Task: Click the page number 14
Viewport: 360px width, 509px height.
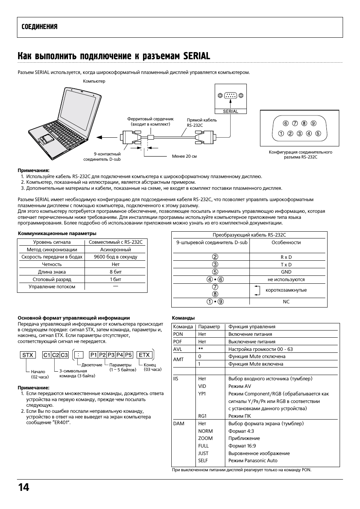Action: (x=23, y=487)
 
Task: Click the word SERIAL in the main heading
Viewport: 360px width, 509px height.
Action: (x=196, y=56)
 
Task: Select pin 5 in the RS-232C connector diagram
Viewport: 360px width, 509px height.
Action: (x=318, y=133)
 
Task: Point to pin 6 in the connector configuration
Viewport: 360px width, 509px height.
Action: (x=286, y=123)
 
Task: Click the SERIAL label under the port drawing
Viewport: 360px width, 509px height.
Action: (x=231, y=111)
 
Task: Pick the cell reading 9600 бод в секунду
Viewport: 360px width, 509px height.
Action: (x=115, y=257)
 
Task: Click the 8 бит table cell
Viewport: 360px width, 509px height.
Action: (x=115, y=272)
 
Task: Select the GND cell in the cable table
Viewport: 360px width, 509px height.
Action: (x=286, y=272)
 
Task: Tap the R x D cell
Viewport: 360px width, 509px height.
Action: (x=286, y=257)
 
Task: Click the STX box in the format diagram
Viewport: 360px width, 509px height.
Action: (x=28, y=355)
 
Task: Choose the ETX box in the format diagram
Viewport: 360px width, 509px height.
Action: (x=144, y=355)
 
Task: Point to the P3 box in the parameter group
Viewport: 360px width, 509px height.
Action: (x=111, y=355)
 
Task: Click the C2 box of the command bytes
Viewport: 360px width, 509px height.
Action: (x=55, y=355)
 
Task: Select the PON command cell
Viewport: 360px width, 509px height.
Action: (x=178, y=334)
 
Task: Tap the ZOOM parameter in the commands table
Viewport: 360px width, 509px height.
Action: (x=205, y=438)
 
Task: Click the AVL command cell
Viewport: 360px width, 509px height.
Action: (x=178, y=349)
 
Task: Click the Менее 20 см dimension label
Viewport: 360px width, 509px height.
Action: (x=184, y=156)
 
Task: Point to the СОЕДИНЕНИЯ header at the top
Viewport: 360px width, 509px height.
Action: (x=40, y=27)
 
